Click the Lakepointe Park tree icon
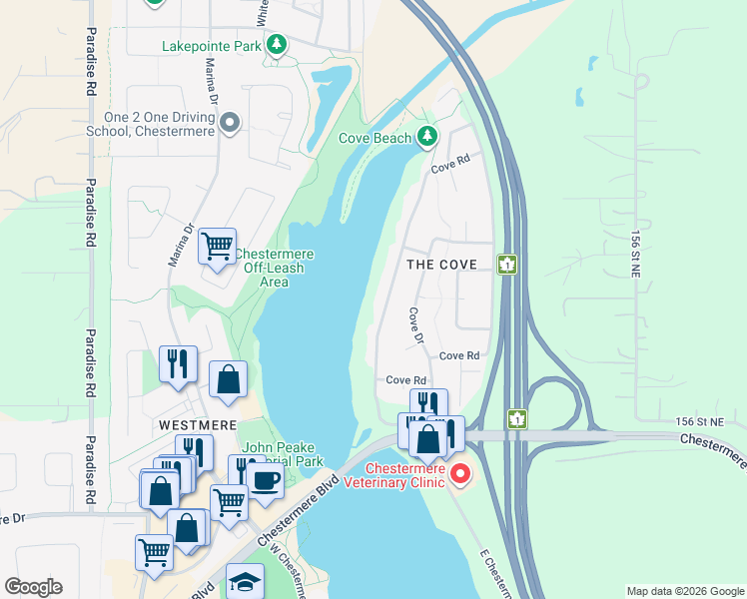coord(277,45)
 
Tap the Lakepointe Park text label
coord(212,46)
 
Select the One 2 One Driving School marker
coord(230,124)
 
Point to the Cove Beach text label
coord(375,138)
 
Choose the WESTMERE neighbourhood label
coord(198,423)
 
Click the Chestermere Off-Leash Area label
coord(274,269)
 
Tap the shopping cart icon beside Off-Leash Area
coord(217,245)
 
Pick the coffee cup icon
coord(265,479)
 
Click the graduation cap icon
coord(245,581)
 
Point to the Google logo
coord(33,587)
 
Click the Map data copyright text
coord(685,591)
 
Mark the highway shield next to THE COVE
coord(507,265)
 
